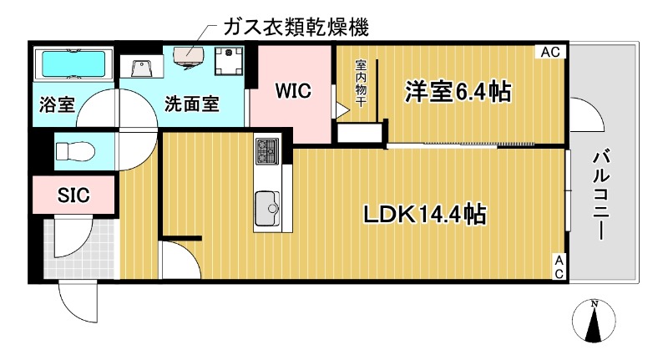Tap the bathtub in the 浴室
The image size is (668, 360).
click(73, 63)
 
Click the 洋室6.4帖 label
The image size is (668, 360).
click(458, 91)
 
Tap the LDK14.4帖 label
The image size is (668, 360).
click(424, 215)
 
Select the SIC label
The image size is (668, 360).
click(73, 195)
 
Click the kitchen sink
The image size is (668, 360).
click(268, 205)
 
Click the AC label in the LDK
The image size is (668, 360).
click(558, 266)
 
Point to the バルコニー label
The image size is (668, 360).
click(600, 193)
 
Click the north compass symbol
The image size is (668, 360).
click(594, 321)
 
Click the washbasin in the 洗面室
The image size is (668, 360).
click(138, 65)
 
